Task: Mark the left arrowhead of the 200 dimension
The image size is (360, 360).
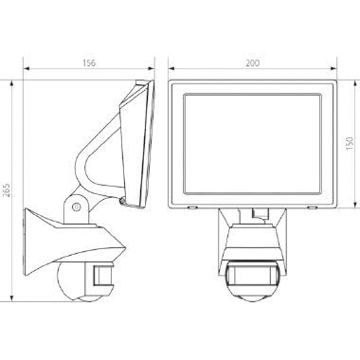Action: click(171, 70)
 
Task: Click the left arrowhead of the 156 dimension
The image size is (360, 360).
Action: click(26, 70)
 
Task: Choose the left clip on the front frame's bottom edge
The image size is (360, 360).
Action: click(192, 206)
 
